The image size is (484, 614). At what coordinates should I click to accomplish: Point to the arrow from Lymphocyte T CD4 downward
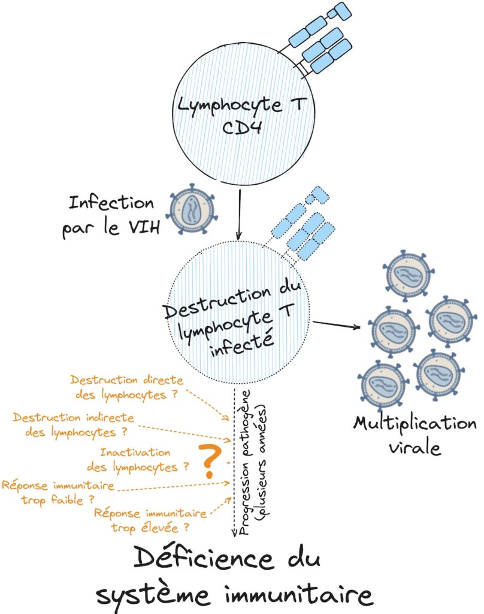tap(240, 213)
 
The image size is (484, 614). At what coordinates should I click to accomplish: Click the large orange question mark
tap(209, 461)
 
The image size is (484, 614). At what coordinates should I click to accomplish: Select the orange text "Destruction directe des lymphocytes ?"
tap(126, 387)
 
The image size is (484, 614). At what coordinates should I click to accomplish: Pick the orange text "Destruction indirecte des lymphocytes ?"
tap(73, 423)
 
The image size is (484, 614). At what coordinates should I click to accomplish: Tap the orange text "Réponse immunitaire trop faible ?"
tap(58, 490)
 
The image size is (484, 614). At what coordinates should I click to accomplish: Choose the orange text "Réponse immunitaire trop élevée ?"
tap(151, 520)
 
